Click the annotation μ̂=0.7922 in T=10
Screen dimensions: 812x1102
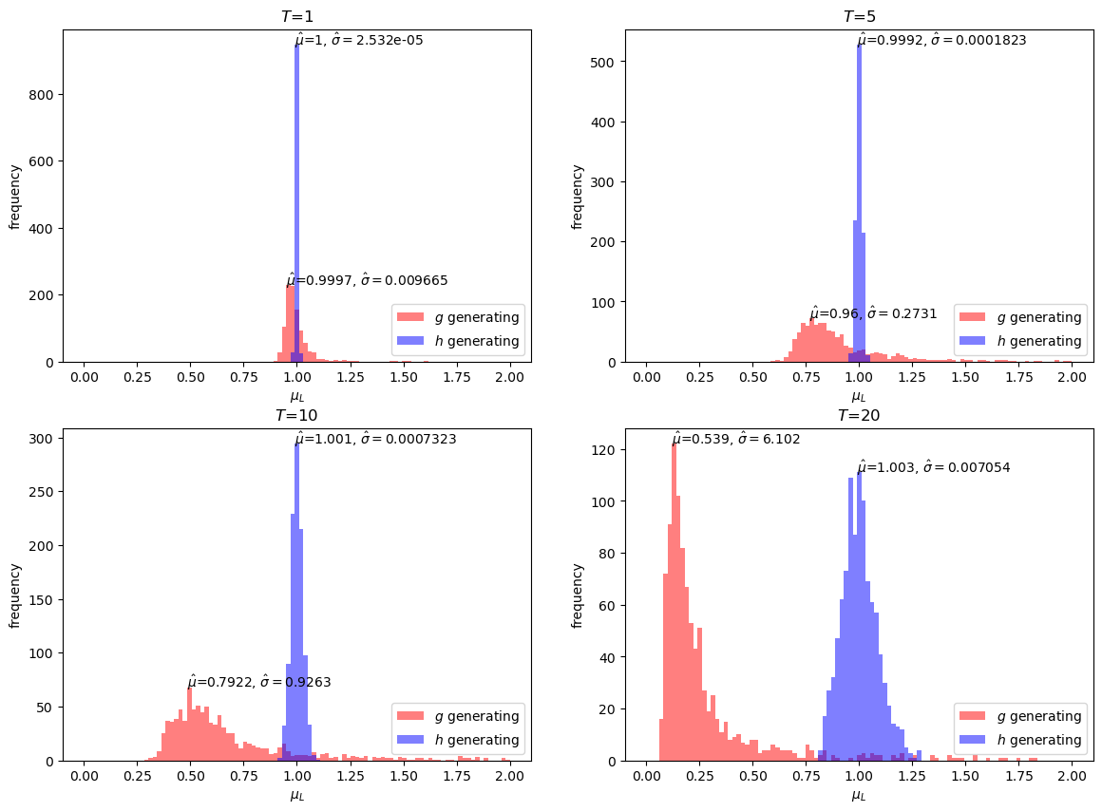click(258, 682)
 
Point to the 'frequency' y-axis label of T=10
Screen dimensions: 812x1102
click(14, 595)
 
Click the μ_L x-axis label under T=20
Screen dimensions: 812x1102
click(859, 795)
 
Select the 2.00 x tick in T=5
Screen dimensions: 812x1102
click(1073, 377)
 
